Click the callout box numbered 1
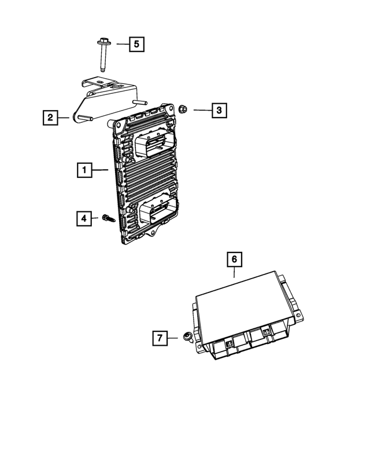(84, 170)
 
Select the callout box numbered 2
(50, 118)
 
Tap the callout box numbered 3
(219, 109)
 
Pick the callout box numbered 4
(84, 218)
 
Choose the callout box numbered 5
(136, 43)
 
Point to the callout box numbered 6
(235, 259)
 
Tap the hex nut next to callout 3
(181, 108)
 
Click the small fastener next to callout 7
(187, 336)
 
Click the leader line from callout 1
(101, 170)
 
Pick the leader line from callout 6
(235, 273)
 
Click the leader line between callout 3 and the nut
(201, 109)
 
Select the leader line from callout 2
(64, 118)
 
